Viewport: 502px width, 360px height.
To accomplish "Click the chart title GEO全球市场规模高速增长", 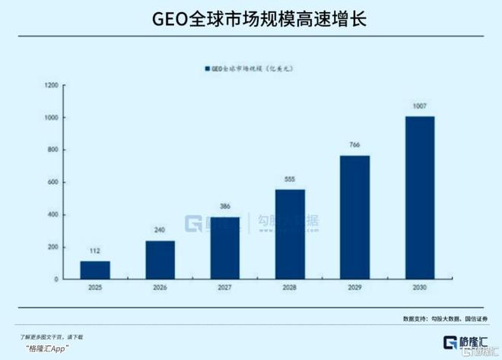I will tap(251, 19).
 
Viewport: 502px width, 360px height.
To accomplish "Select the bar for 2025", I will tap(95, 270).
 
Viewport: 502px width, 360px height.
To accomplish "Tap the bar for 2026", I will tap(160, 260).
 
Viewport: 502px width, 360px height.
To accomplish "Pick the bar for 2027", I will tap(224, 248).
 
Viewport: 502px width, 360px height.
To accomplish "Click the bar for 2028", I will tap(290, 234).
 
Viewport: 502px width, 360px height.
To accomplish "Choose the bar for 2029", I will tap(354, 218).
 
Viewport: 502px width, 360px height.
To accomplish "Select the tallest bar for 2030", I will tap(419, 198).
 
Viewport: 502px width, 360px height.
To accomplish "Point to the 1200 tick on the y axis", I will tap(51, 86).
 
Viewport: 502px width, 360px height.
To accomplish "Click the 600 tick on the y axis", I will tap(52, 183).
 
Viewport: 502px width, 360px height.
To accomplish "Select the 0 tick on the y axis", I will tap(56, 279).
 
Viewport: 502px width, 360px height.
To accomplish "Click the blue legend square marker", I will tap(206, 69).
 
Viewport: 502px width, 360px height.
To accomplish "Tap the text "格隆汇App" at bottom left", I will tap(48, 348).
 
